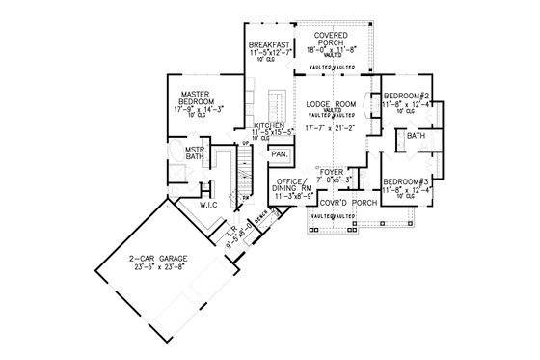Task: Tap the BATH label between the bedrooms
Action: (417, 137)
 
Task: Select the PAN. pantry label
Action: (280, 155)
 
